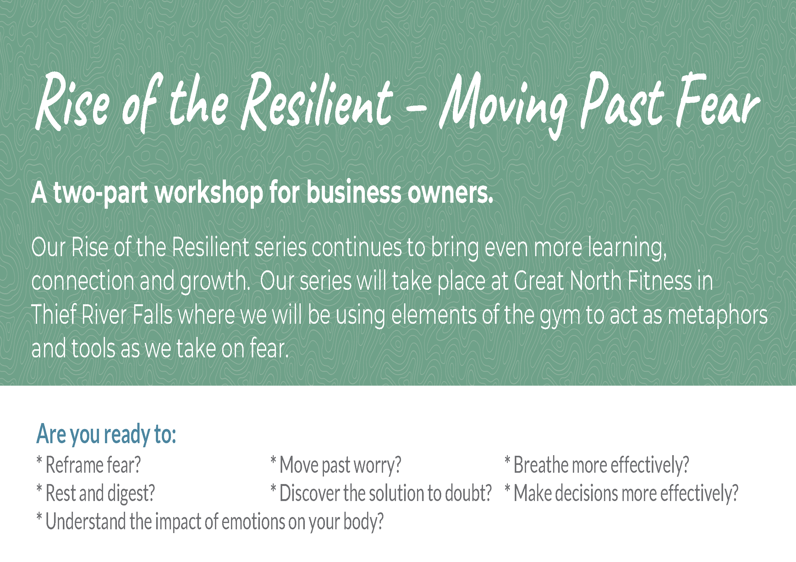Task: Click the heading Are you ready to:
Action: (x=107, y=434)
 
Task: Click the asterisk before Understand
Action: (x=39, y=517)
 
